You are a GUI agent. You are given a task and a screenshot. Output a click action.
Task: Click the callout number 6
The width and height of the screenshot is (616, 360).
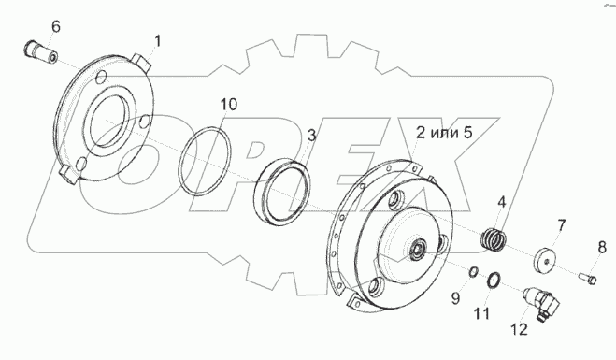coord(56,27)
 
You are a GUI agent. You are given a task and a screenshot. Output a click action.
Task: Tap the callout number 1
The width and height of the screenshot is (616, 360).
coord(158,41)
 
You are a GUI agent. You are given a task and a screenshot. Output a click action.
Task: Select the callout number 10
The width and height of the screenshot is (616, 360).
coord(229,105)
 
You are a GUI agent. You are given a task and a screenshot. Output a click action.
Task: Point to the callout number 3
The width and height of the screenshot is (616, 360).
coord(311,136)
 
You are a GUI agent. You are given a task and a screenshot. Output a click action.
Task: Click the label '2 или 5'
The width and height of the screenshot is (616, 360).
coord(444,133)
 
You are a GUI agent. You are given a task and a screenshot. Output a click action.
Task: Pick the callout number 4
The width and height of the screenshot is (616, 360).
coord(502,202)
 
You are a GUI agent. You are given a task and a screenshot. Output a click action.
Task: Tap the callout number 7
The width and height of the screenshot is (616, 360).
coord(562,225)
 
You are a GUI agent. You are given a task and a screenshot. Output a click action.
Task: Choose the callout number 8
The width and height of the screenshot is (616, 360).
coord(602,248)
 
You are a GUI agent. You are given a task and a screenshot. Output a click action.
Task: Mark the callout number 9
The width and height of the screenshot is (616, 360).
coord(455,298)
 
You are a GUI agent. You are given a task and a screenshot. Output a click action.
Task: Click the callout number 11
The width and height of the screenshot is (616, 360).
coord(482,313)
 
